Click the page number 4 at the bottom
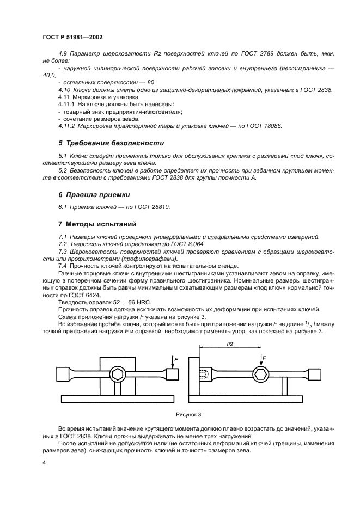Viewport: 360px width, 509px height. [44, 462]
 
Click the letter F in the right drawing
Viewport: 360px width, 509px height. [264, 358]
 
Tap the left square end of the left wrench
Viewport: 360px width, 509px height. [62, 374]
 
